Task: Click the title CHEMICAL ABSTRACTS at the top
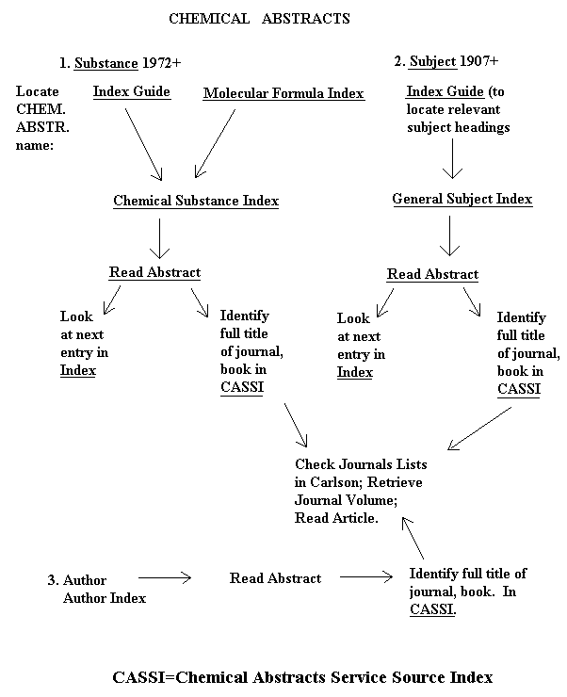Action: (259, 18)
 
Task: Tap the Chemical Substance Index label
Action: (196, 201)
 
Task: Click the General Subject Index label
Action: (462, 199)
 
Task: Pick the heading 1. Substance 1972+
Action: (120, 63)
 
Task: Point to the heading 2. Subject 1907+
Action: (446, 61)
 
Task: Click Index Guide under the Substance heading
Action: (132, 91)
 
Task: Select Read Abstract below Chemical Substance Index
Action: (154, 272)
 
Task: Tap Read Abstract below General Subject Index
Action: (432, 274)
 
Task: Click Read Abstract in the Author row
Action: (275, 578)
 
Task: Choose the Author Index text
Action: (104, 597)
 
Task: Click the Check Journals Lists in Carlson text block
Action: (360, 491)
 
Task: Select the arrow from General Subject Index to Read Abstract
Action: (451, 237)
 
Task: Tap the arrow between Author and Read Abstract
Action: (165, 578)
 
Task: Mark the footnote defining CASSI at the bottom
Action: (302, 676)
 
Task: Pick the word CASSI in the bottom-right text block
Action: (432, 609)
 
